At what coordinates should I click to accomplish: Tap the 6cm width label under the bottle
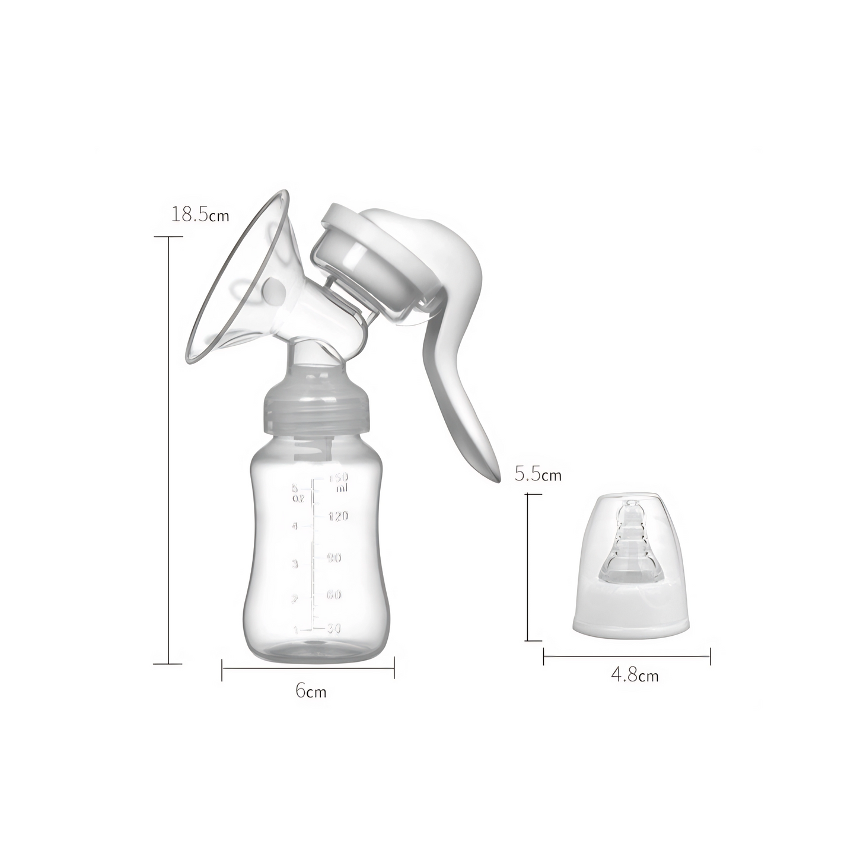click(x=311, y=691)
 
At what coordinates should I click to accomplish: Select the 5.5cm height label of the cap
click(x=538, y=474)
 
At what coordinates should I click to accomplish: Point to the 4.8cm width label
click(x=634, y=675)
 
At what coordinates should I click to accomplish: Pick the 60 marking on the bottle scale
click(x=334, y=594)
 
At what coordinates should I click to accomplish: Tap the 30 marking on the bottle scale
click(x=334, y=629)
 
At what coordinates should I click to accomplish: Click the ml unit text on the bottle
click(x=341, y=488)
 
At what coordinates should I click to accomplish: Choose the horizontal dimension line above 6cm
click(x=308, y=668)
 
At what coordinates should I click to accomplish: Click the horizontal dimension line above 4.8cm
click(x=626, y=656)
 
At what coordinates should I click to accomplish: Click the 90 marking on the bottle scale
click(x=334, y=557)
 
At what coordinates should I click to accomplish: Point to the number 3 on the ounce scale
click(x=295, y=564)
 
